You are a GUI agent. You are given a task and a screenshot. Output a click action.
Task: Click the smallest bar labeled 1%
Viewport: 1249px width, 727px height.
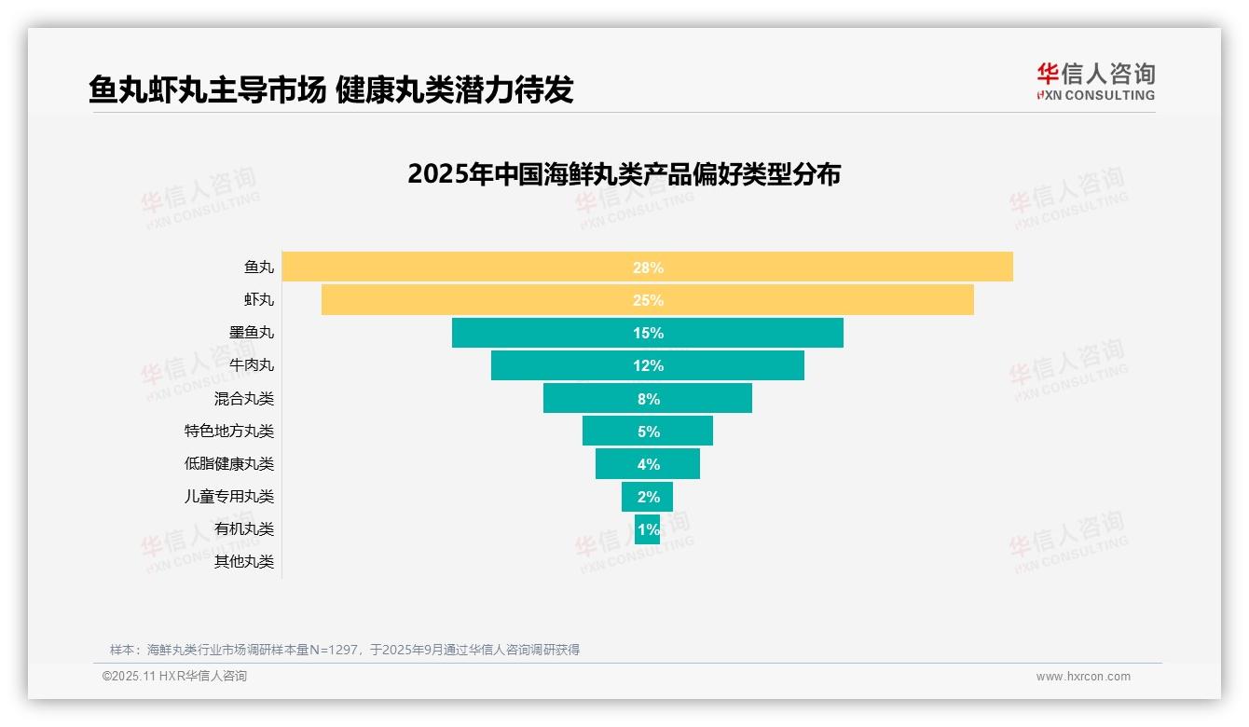pyautogui.click(x=647, y=528)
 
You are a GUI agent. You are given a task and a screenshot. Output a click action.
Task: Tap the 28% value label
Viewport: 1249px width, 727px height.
pyautogui.click(x=648, y=267)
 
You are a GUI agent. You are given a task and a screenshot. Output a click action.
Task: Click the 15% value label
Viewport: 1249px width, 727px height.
pyautogui.click(x=648, y=333)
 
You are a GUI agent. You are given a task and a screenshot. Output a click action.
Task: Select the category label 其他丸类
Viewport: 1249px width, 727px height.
pyautogui.click(x=244, y=561)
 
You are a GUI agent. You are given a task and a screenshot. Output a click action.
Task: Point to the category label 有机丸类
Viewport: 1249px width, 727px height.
pyautogui.click(x=244, y=528)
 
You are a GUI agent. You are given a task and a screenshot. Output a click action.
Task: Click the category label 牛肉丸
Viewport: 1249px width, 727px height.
pyautogui.click(x=252, y=365)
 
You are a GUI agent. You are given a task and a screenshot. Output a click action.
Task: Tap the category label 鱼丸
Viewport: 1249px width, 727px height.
pyautogui.click(x=259, y=267)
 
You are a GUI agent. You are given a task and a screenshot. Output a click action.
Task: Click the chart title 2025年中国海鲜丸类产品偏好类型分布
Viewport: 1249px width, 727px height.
pyautogui.click(x=624, y=174)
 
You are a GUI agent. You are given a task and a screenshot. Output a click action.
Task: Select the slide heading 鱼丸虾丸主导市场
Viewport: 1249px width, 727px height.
pyautogui.click(x=207, y=89)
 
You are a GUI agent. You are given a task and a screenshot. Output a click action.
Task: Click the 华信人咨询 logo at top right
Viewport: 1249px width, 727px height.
pyautogui.click(x=1095, y=81)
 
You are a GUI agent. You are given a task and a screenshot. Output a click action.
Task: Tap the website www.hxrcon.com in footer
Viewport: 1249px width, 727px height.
pyautogui.click(x=1082, y=677)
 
